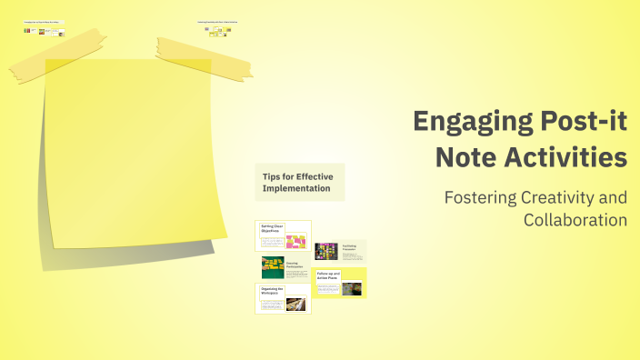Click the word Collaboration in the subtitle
point(575,219)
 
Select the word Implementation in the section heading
point(296,188)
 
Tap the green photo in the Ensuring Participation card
point(272,266)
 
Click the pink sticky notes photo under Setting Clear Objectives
point(296,242)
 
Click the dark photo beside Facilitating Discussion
point(325,251)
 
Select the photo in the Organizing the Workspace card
point(297,304)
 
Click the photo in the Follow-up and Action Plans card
point(351,289)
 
